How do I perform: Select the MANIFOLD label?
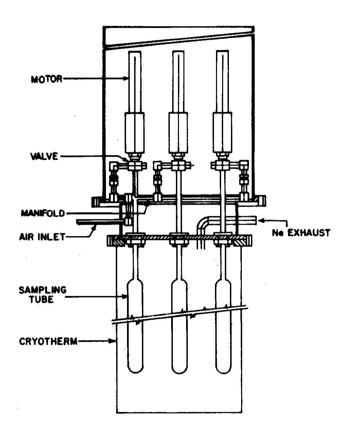pyautogui.click(x=43, y=213)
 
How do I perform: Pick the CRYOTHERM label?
pyautogui.click(x=48, y=341)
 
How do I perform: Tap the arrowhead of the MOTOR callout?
pyautogui.click(x=126, y=79)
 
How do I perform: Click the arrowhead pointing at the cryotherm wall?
pyautogui.click(x=114, y=341)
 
